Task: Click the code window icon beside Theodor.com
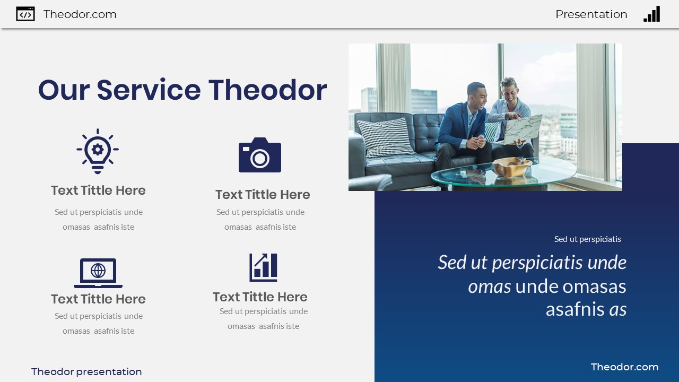coord(25,14)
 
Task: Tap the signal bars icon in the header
coord(652,14)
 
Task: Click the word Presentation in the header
coord(591,14)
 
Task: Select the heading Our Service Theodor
coord(182,90)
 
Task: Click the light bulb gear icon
coord(98,151)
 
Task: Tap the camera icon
coord(260,155)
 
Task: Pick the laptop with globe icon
coord(98,273)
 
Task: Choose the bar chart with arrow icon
coord(264,267)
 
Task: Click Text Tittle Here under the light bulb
coord(98,190)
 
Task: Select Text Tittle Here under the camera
coord(263,195)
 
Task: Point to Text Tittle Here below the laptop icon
coord(98,299)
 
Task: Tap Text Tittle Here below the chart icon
coord(260,297)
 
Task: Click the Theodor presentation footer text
coord(86,372)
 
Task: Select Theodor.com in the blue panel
coord(624,367)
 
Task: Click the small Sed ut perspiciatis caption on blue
coord(587,239)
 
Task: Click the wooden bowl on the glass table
coord(511,167)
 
